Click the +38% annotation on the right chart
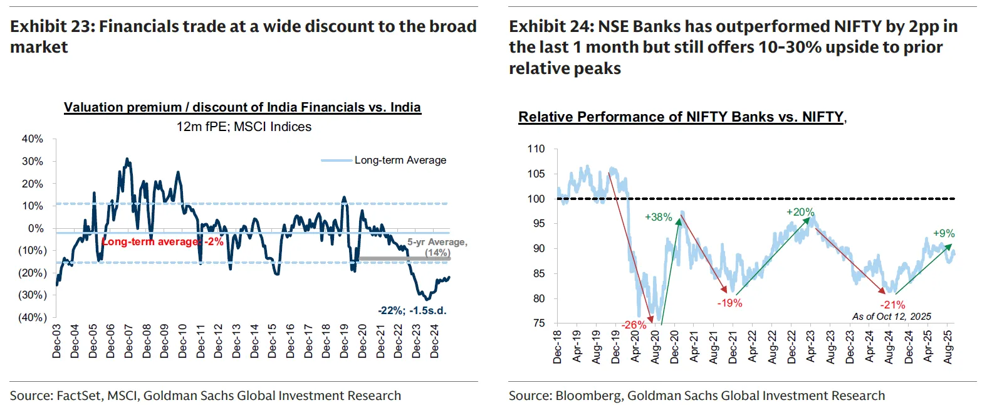tap(658, 218)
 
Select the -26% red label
tap(634, 325)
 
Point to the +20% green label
tap(800, 213)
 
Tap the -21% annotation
tap(892, 305)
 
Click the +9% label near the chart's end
tap(944, 234)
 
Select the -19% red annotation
tap(729, 303)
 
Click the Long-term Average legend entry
tap(400, 160)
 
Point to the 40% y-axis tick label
tap(33, 139)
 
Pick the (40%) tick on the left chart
tap(32, 318)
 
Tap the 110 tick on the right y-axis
tap(536, 149)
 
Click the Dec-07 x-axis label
tap(128, 342)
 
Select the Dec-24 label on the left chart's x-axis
tap(434, 342)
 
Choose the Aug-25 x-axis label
tap(948, 347)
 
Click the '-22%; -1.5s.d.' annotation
tap(412, 310)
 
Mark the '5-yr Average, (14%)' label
tap(437, 247)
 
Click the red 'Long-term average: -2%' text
tap(162, 242)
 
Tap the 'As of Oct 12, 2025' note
tap(891, 317)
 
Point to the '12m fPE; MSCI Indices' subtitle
tap(244, 127)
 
